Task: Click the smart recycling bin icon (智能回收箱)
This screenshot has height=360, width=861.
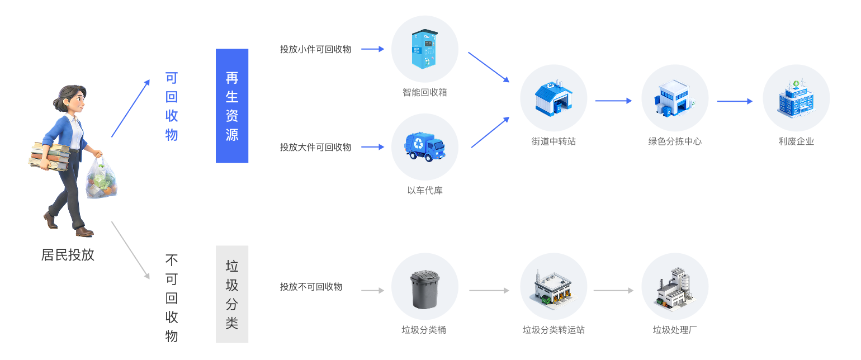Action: click(x=425, y=49)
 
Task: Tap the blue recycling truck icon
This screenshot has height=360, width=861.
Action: click(x=425, y=147)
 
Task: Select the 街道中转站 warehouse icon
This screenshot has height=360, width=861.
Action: click(x=553, y=98)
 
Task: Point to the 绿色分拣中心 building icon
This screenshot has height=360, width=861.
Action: click(x=675, y=98)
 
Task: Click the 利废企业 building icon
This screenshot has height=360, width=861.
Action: click(x=796, y=98)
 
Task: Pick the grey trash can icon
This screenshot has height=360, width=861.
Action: click(x=425, y=288)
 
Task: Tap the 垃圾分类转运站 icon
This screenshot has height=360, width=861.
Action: click(x=553, y=287)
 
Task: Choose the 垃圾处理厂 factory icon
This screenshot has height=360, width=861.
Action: click(x=675, y=287)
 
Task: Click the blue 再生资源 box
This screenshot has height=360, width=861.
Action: click(x=232, y=106)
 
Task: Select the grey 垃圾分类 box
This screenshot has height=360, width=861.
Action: click(x=232, y=294)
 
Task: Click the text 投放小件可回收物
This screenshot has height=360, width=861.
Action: click(x=315, y=49)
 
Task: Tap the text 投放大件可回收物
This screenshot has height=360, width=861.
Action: click(x=315, y=147)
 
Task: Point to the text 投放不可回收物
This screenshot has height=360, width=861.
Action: click(x=311, y=287)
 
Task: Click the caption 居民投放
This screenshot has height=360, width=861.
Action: click(x=68, y=255)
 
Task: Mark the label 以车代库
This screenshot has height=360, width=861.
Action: click(x=425, y=191)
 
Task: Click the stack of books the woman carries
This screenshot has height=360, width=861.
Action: click(x=49, y=157)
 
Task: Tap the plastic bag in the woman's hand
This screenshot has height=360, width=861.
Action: click(x=101, y=180)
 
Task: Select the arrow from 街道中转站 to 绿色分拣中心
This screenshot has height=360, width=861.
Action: click(x=613, y=101)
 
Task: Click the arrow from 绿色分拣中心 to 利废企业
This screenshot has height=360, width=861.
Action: click(x=735, y=101)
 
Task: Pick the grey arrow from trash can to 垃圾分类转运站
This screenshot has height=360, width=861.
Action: click(x=489, y=291)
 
